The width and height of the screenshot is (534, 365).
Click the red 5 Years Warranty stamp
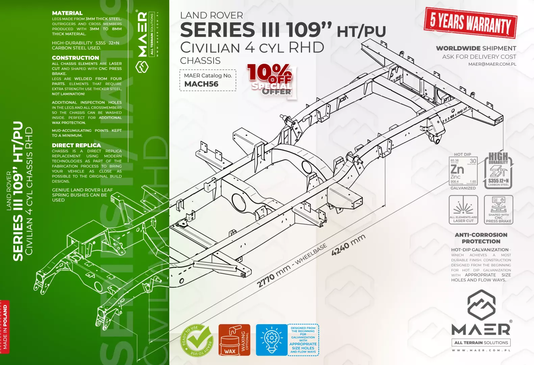click(x=470, y=23)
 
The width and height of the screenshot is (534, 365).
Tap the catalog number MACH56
click(x=201, y=84)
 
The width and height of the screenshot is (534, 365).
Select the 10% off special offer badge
click(x=271, y=80)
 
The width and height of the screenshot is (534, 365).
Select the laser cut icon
click(x=463, y=210)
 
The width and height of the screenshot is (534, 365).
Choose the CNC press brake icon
click(x=498, y=210)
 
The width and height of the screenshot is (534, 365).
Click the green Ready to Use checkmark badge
click(x=197, y=340)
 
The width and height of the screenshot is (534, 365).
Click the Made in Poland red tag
click(x=5, y=326)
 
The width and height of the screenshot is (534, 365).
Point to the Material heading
click(x=67, y=13)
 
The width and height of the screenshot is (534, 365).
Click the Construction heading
click(x=75, y=58)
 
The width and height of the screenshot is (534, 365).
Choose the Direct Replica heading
click(x=76, y=145)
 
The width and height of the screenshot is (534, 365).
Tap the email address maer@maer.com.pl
click(x=492, y=64)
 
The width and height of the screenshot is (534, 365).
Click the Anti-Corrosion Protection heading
click(x=481, y=238)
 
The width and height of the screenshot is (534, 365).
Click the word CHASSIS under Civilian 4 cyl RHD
click(x=200, y=61)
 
